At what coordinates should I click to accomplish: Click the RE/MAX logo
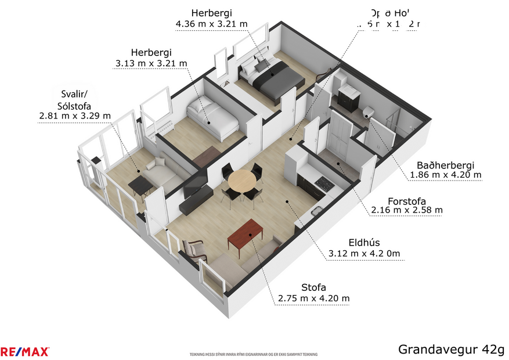tap(25, 351)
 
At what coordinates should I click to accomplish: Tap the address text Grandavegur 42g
tap(451, 349)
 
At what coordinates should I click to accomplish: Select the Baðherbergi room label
tap(445, 165)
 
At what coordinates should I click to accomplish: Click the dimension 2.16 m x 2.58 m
tap(407, 210)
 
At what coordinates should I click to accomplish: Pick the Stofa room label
tap(313, 287)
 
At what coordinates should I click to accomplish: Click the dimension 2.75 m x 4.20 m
tap(313, 298)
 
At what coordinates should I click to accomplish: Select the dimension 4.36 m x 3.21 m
tap(211, 24)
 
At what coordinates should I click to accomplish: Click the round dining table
tap(241, 181)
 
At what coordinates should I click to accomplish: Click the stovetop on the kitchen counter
tap(323, 185)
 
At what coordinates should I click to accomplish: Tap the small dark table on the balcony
tap(140, 185)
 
